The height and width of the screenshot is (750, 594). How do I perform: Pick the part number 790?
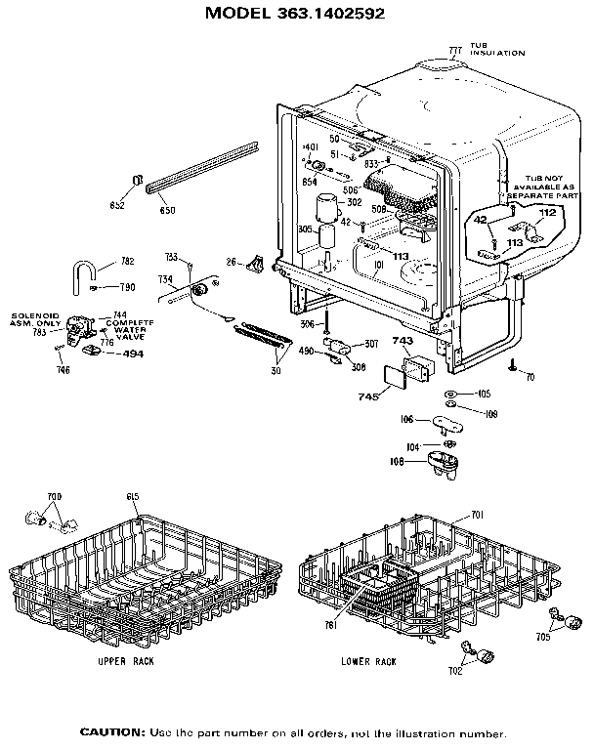click(127, 287)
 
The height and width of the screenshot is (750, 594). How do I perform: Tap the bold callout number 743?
click(402, 341)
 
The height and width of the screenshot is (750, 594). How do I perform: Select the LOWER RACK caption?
click(368, 661)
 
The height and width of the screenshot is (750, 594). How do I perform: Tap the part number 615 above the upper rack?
click(133, 497)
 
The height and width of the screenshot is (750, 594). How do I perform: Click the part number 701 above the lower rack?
click(478, 514)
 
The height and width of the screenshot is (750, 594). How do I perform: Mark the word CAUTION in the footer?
click(111, 732)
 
